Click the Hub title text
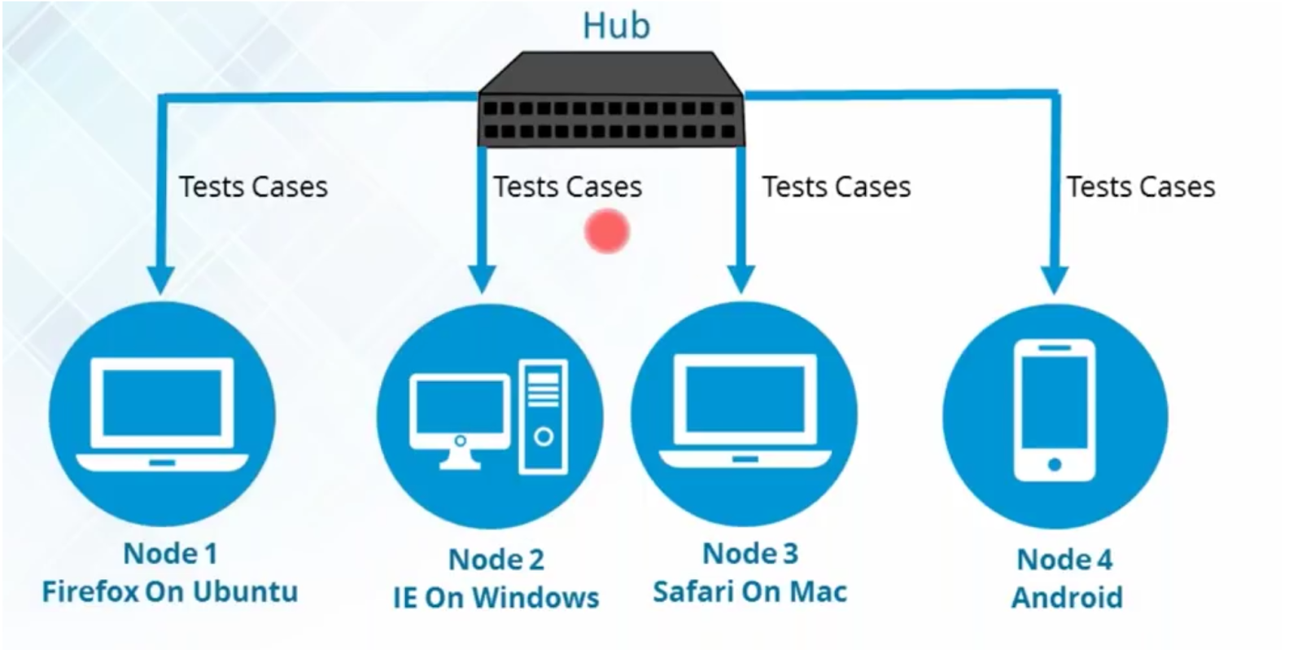pyautogui.click(x=616, y=26)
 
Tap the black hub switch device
pyautogui.click(x=611, y=99)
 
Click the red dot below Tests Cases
pyautogui.click(x=607, y=231)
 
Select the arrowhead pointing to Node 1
pyautogui.click(x=161, y=279)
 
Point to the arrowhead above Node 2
pyautogui.click(x=481, y=279)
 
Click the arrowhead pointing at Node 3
pyautogui.click(x=741, y=279)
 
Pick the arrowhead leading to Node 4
pyautogui.click(x=1055, y=279)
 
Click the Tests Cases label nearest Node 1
pyautogui.click(x=253, y=187)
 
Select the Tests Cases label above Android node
pyautogui.click(x=1141, y=187)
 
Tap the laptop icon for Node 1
pyautogui.click(x=162, y=414)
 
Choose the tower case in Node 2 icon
pyautogui.click(x=544, y=417)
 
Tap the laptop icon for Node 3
pyautogui.click(x=745, y=411)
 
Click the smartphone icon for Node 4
pyautogui.click(x=1055, y=411)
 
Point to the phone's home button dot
pyautogui.click(x=1055, y=464)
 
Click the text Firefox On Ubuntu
pyautogui.click(x=170, y=592)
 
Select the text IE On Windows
pyautogui.click(x=496, y=598)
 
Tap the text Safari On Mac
pyautogui.click(x=749, y=592)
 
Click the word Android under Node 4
pyautogui.click(x=1067, y=598)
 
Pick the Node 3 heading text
pyautogui.click(x=750, y=553)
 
